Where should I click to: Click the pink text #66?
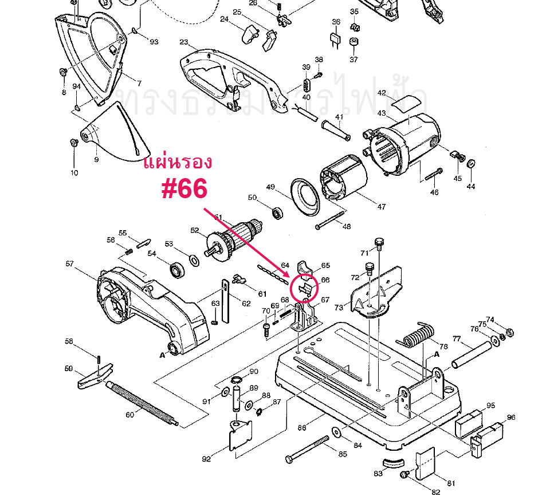click(184, 189)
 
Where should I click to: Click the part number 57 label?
click(70, 264)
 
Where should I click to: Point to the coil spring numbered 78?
click(417, 334)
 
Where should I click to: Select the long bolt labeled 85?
click(308, 448)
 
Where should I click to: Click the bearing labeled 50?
click(279, 212)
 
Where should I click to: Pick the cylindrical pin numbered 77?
click(473, 355)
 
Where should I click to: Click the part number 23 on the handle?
click(183, 42)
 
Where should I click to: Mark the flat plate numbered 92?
click(241, 436)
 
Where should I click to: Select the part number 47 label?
click(381, 207)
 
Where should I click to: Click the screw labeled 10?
click(73, 143)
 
